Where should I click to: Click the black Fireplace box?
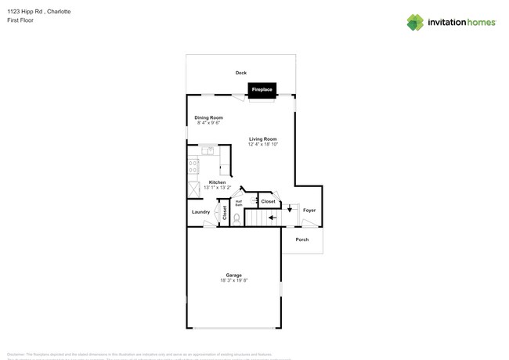click(262, 90)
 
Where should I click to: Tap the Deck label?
click(241, 73)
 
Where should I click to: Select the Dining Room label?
click(209, 117)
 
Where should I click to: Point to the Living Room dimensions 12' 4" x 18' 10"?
click(263, 144)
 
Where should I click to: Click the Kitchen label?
click(217, 182)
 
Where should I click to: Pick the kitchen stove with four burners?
click(192, 166)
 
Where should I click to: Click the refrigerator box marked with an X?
click(193, 190)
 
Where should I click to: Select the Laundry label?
click(200, 211)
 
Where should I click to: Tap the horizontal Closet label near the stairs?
click(268, 201)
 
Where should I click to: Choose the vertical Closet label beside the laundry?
click(224, 211)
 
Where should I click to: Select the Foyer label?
click(309, 210)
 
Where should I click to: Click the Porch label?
click(301, 239)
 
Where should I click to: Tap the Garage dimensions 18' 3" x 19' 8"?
click(233, 279)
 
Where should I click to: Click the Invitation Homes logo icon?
click(415, 22)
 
